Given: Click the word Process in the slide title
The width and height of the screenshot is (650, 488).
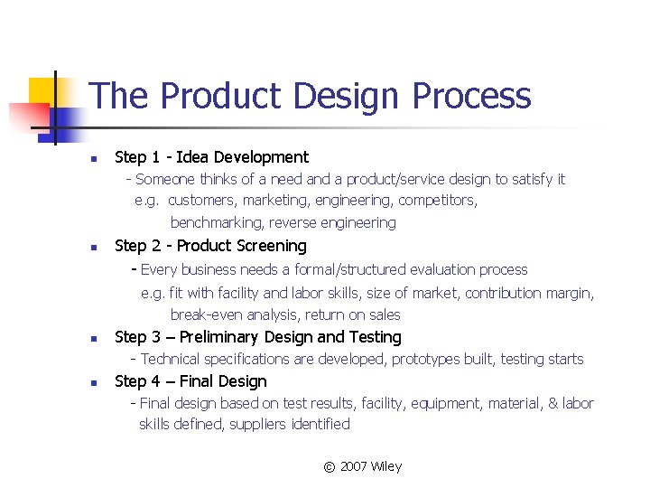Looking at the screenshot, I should pyautogui.click(x=470, y=97).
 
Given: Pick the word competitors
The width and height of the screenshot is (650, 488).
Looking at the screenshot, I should pyautogui.click(x=438, y=201).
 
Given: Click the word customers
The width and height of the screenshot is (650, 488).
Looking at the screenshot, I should pyautogui.click(x=201, y=201).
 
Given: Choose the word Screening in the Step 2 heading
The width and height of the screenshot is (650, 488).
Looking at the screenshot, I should pyautogui.click(x=268, y=246).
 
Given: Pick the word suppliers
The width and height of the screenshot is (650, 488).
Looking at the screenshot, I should pyautogui.click(x=257, y=424).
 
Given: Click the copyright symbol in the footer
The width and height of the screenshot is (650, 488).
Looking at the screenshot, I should pyautogui.click(x=330, y=467).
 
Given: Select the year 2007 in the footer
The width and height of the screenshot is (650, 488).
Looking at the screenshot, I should pyautogui.click(x=354, y=466).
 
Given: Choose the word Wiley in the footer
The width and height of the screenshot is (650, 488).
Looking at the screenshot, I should pyautogui.click(x=386, y=466).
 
